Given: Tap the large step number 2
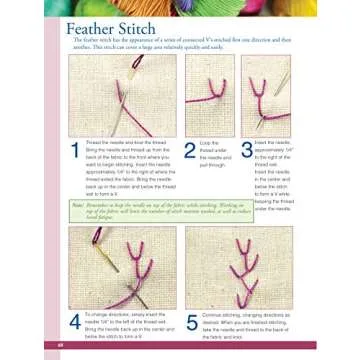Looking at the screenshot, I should (190, 151).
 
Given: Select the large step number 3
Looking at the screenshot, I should (246, 151).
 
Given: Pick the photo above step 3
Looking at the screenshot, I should (265, 96).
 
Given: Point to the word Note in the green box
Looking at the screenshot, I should (77, 203).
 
